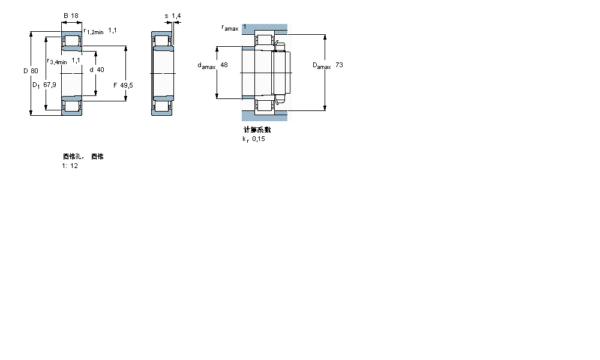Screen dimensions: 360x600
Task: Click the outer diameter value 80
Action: (35, 71)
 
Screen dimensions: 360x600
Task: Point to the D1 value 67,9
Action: (50, 85)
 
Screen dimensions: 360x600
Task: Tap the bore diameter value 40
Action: (100, 70)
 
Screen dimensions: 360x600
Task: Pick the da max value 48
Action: (224, 65)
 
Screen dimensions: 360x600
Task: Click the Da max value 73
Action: (340, 65)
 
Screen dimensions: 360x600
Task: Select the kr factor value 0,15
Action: (258, 139)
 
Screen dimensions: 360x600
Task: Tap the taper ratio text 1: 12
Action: (70, 166)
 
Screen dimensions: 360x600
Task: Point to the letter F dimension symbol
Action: (115, 85)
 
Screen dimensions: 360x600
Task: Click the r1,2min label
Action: (94, 31)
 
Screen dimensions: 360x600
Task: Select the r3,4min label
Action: (57, 61)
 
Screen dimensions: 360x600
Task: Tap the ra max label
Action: (230, 28)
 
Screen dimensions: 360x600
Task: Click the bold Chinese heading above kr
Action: (257, 130)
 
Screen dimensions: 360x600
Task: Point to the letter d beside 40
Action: (91, 70)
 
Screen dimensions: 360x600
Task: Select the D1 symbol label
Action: (35, 85)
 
